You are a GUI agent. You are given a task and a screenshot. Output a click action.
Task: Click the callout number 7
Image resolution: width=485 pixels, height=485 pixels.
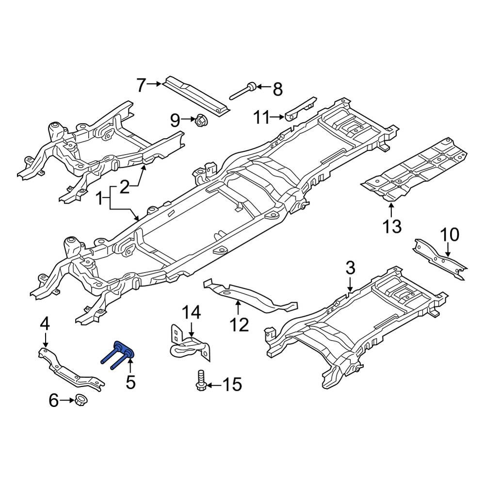coord(141,86)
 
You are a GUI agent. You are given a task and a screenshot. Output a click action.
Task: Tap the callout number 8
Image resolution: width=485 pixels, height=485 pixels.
coord(277,89)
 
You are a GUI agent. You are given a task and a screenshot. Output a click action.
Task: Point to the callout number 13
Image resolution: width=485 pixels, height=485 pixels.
coord(392,226)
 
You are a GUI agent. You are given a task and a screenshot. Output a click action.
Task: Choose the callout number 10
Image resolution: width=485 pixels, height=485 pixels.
coord(449,235)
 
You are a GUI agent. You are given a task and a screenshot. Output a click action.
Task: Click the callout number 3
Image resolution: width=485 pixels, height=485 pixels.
coord(350,267)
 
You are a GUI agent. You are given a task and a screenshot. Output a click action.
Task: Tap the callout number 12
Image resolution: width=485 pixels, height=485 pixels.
coord(239,324)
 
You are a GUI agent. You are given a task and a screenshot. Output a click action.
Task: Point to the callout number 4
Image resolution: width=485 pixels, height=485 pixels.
coord(44,323)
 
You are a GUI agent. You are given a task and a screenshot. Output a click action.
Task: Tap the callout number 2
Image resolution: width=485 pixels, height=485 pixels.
coord(125,187)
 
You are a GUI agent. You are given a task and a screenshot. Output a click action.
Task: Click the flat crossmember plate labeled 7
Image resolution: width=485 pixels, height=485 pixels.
coord(196,96)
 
